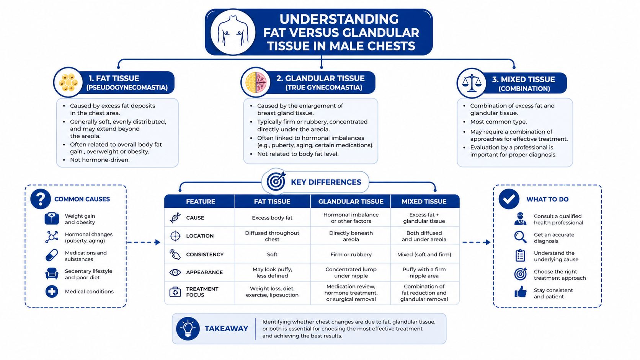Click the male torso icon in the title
click(233, 32)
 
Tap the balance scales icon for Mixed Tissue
click(472, 83)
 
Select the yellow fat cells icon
click(68, 83)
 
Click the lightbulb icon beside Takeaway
click(188, 329)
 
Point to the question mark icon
click(41, 199)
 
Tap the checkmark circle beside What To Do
click(509, 199)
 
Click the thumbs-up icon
click(520, 292)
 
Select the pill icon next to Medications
click(52, 255)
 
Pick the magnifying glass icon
click(520, 237)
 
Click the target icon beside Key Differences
click(276, 181)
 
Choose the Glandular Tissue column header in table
click(351, 202)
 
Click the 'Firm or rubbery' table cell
click(351, 254)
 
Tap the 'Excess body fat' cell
click(272, 218)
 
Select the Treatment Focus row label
click(202, 292)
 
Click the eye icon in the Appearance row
click(175, 272)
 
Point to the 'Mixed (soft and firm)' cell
click(424, 254)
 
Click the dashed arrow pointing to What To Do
click(476, 243)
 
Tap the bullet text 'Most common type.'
click(499, 122)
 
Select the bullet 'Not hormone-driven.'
click(100, 160)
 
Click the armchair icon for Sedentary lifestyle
click(52, 274)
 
